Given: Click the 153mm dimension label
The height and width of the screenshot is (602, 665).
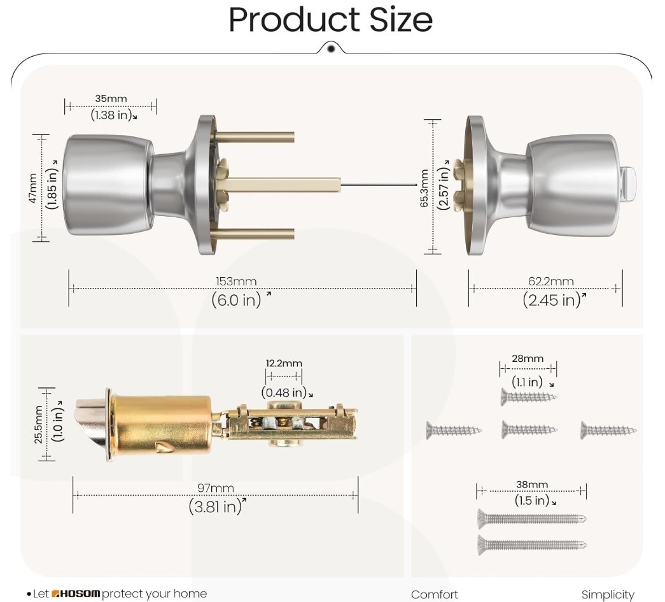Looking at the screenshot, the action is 236,281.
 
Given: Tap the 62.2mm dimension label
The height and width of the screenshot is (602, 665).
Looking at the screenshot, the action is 551,281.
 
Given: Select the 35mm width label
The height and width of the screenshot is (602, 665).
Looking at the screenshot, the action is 111,99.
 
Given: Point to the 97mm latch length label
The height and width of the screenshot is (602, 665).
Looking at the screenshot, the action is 216,488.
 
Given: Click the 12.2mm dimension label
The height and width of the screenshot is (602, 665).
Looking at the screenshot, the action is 284,363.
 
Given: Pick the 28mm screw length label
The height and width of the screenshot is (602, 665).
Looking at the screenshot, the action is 528,358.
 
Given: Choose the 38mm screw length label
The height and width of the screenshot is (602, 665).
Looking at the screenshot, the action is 532,484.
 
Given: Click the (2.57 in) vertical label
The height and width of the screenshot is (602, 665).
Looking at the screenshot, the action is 443,187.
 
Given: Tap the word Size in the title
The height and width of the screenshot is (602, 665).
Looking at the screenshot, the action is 401,20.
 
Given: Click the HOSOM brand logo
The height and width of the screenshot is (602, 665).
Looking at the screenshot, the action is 76,594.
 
